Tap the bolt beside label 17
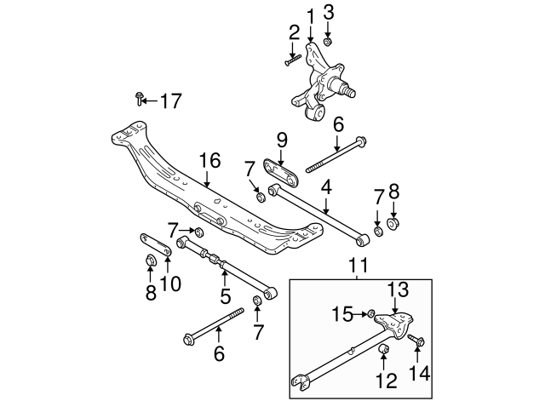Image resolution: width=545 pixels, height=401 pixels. (139, 100)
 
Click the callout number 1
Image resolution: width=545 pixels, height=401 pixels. (310, 14)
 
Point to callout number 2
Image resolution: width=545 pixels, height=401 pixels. (294, 33)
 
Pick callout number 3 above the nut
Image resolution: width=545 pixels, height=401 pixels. (329, 12)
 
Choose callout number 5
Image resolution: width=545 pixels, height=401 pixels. (225, 295)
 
